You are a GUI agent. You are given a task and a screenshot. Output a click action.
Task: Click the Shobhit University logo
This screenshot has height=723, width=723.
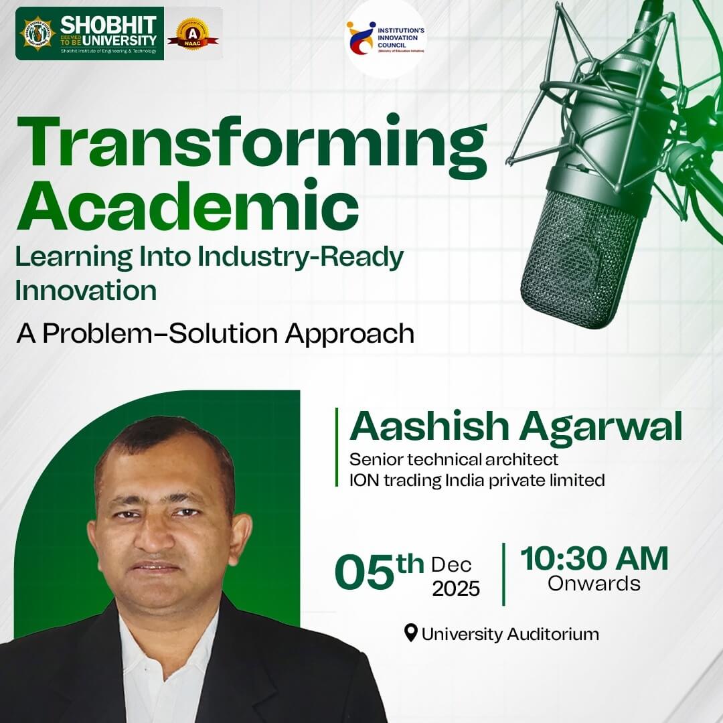(89, 33)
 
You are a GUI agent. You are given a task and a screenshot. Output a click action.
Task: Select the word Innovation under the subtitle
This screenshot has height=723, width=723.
(86, 291)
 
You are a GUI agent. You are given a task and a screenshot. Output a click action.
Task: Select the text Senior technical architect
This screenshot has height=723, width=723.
(454, 460)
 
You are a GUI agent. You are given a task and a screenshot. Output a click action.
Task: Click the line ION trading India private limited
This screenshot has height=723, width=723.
(477, 480)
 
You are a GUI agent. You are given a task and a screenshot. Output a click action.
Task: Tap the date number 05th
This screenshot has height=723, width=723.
(379, 572)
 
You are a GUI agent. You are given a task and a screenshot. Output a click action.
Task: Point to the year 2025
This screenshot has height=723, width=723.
(456, 588)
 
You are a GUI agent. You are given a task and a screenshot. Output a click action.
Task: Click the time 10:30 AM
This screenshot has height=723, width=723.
(594, 559)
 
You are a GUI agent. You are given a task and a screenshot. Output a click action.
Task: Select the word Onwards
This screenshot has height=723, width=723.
(594, 583)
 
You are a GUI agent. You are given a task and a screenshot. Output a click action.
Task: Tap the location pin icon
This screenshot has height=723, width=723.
(411, 632)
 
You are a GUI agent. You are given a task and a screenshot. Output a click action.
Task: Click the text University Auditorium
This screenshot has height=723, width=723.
(510, 633)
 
